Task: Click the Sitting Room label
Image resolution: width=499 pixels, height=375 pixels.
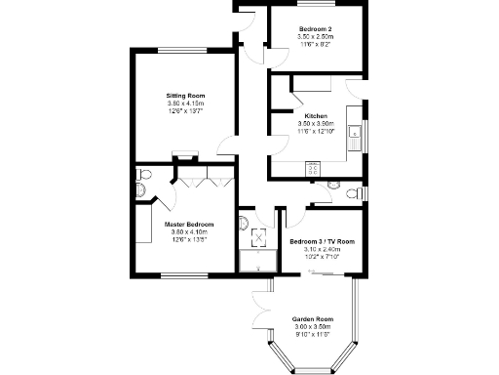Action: tap(184, 96)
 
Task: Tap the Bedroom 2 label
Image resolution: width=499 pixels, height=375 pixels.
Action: tap(316, 29)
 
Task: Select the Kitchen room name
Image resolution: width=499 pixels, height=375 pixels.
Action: tap(315, 116)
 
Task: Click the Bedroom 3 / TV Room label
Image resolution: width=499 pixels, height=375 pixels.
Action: tap(322, 241)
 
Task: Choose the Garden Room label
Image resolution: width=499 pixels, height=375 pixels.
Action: tap(313, 319)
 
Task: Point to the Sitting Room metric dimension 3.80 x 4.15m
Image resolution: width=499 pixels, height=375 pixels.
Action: tap(184, 104)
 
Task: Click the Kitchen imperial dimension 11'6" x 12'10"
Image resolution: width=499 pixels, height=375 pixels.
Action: tap(315, 131)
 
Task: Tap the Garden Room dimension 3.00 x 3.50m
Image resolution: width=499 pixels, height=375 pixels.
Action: tap(313, 327)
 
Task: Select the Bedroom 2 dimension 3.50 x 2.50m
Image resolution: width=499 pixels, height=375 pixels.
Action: tap(316, 37)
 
